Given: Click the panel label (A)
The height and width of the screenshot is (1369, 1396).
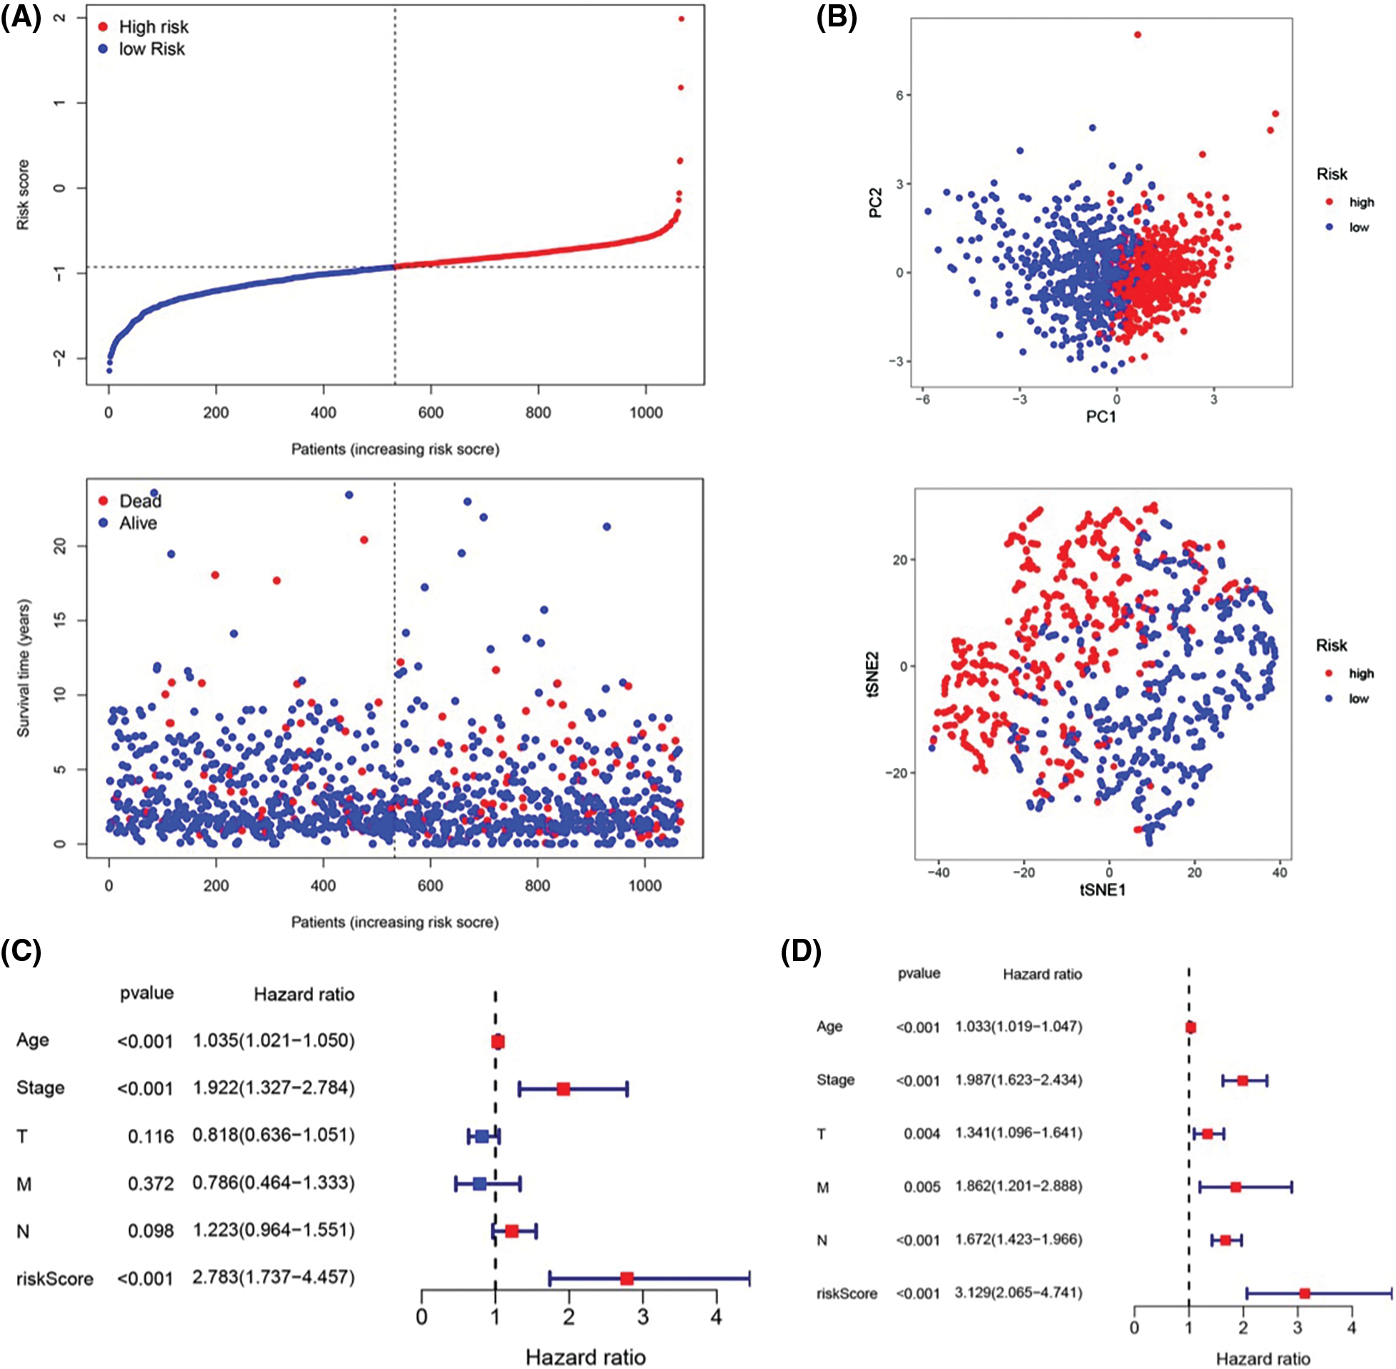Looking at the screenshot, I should [21, 17].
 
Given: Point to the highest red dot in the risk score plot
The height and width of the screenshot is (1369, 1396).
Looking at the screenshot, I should [682, 19].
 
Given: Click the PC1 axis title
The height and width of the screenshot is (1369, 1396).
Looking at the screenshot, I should [1100, 417].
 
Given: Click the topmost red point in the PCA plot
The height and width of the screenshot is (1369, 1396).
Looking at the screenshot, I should [1137, 34].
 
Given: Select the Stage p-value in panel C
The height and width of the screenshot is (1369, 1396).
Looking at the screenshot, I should [145, 1089].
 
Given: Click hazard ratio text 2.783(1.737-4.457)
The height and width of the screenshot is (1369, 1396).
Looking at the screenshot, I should [273, 1278].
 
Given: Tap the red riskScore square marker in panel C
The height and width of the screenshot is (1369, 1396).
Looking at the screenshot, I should [627, 1278].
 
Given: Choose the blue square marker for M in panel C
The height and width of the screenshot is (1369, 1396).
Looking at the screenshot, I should [479, 1183].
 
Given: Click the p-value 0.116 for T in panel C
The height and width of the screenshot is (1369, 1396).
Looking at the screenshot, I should [150, 1136].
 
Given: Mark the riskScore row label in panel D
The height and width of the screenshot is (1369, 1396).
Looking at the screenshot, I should [846, 1293].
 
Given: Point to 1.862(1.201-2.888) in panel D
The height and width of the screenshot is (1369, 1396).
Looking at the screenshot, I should [1018, 1186].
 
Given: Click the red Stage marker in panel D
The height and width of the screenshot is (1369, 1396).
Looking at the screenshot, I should [1242, 1080].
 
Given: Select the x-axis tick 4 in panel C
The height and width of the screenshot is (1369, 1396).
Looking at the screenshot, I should [716, 1318].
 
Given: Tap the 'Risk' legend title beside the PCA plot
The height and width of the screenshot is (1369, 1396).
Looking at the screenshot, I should [1331, 174].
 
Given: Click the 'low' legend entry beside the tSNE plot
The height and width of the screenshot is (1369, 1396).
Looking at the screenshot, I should [1358, 698].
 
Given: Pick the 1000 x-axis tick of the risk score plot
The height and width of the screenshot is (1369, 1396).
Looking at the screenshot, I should [646, 413].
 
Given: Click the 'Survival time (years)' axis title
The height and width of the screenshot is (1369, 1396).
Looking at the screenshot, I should [24, 668].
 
